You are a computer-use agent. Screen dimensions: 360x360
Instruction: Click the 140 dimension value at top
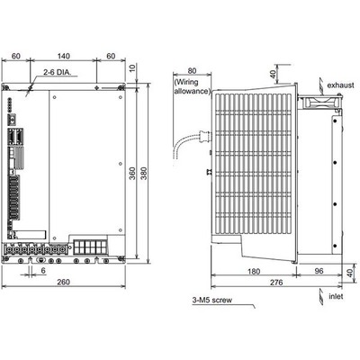click(63, 56)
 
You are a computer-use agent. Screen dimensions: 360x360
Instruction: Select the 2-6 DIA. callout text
click(58, 72)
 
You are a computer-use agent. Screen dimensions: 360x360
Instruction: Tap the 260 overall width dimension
click(63, 282)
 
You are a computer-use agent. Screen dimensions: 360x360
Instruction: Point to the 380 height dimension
click(144, 174)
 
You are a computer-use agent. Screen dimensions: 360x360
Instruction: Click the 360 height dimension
click(132, 174)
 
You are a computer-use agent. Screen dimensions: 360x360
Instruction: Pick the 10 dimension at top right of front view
click(132, 68)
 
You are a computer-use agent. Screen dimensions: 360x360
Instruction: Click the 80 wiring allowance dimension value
click(192, 71)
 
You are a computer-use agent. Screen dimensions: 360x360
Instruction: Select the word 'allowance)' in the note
click(192, 91)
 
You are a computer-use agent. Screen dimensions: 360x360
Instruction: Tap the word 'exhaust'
click(340, 85)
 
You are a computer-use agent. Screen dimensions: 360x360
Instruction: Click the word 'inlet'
click(336, 296)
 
